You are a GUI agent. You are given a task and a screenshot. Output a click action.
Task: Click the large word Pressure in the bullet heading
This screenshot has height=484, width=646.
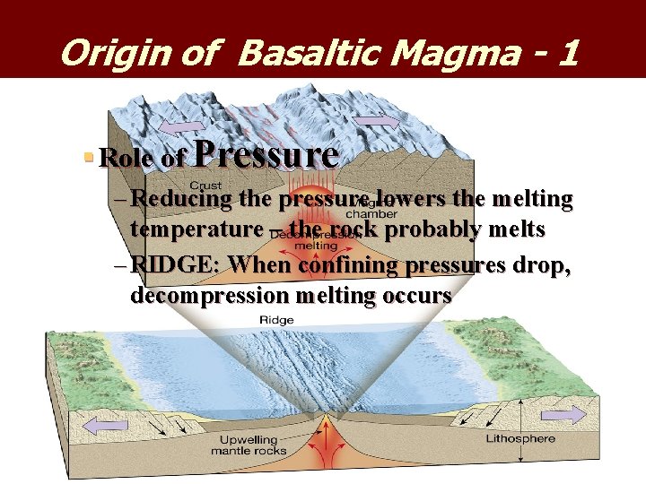(x=266, y=154)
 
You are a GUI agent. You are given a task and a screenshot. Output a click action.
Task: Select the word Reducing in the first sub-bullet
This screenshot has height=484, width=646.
(x=185, y=199)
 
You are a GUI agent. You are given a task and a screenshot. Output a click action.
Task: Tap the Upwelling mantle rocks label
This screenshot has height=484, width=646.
(x=249, y=445)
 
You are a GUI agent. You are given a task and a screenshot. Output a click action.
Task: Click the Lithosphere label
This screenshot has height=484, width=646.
(x=520, y=439)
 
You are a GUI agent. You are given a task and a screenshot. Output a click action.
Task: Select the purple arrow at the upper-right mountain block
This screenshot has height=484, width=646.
(x=376, y=120)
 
